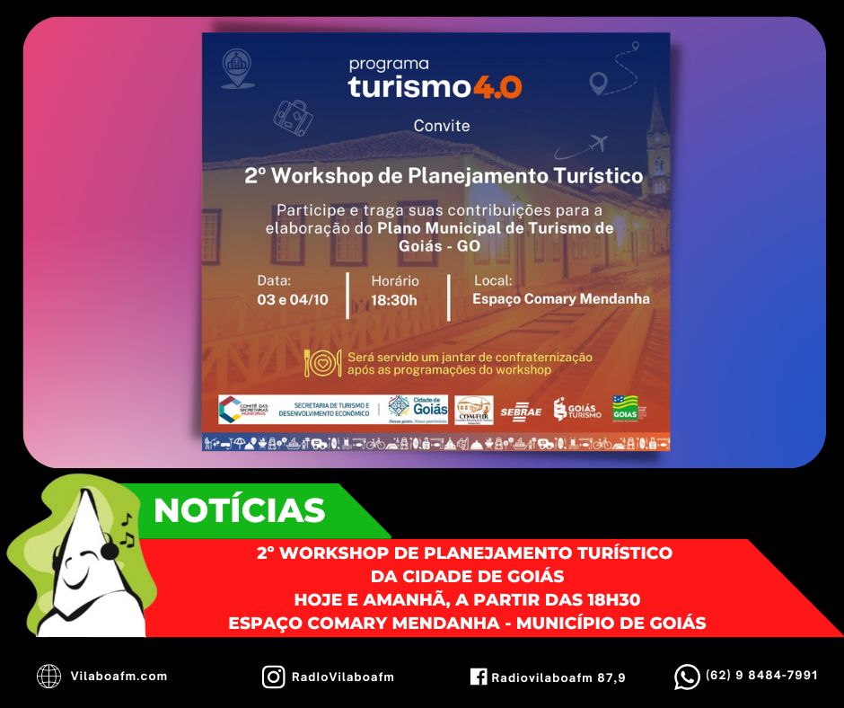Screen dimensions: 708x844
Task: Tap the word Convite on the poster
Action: (x=441, y=126)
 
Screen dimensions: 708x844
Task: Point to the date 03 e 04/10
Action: (x=292, y=299)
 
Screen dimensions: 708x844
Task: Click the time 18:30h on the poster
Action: (x=394, y=299)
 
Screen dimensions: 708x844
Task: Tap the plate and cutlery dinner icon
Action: (x=322, y=362)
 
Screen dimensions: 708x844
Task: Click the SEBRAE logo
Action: (x=521, y=412)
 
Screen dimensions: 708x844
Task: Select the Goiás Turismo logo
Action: (x=576, y=410)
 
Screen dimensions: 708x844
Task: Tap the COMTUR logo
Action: (x=473, y=410)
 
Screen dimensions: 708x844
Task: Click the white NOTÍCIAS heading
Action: (x=239, y=510)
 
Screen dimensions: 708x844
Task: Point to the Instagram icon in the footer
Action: (x=273, y=677)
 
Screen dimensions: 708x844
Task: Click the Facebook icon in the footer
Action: (x=478, y=677)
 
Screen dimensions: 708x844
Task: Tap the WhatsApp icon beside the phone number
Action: (x=687, y=677)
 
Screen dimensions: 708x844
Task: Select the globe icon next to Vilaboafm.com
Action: (x=48, y=677)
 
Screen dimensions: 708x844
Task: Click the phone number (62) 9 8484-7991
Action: (x=761, y=676)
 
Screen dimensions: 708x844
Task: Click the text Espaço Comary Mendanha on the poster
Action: (x=560, y=299)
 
